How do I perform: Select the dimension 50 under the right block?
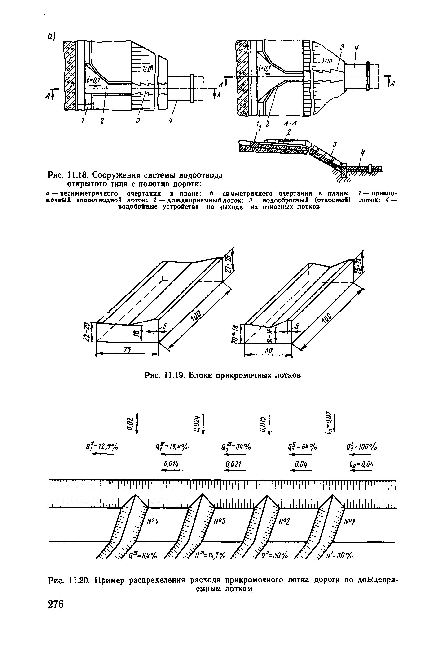269,351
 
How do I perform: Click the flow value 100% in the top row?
361,447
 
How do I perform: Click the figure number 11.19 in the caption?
174,375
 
